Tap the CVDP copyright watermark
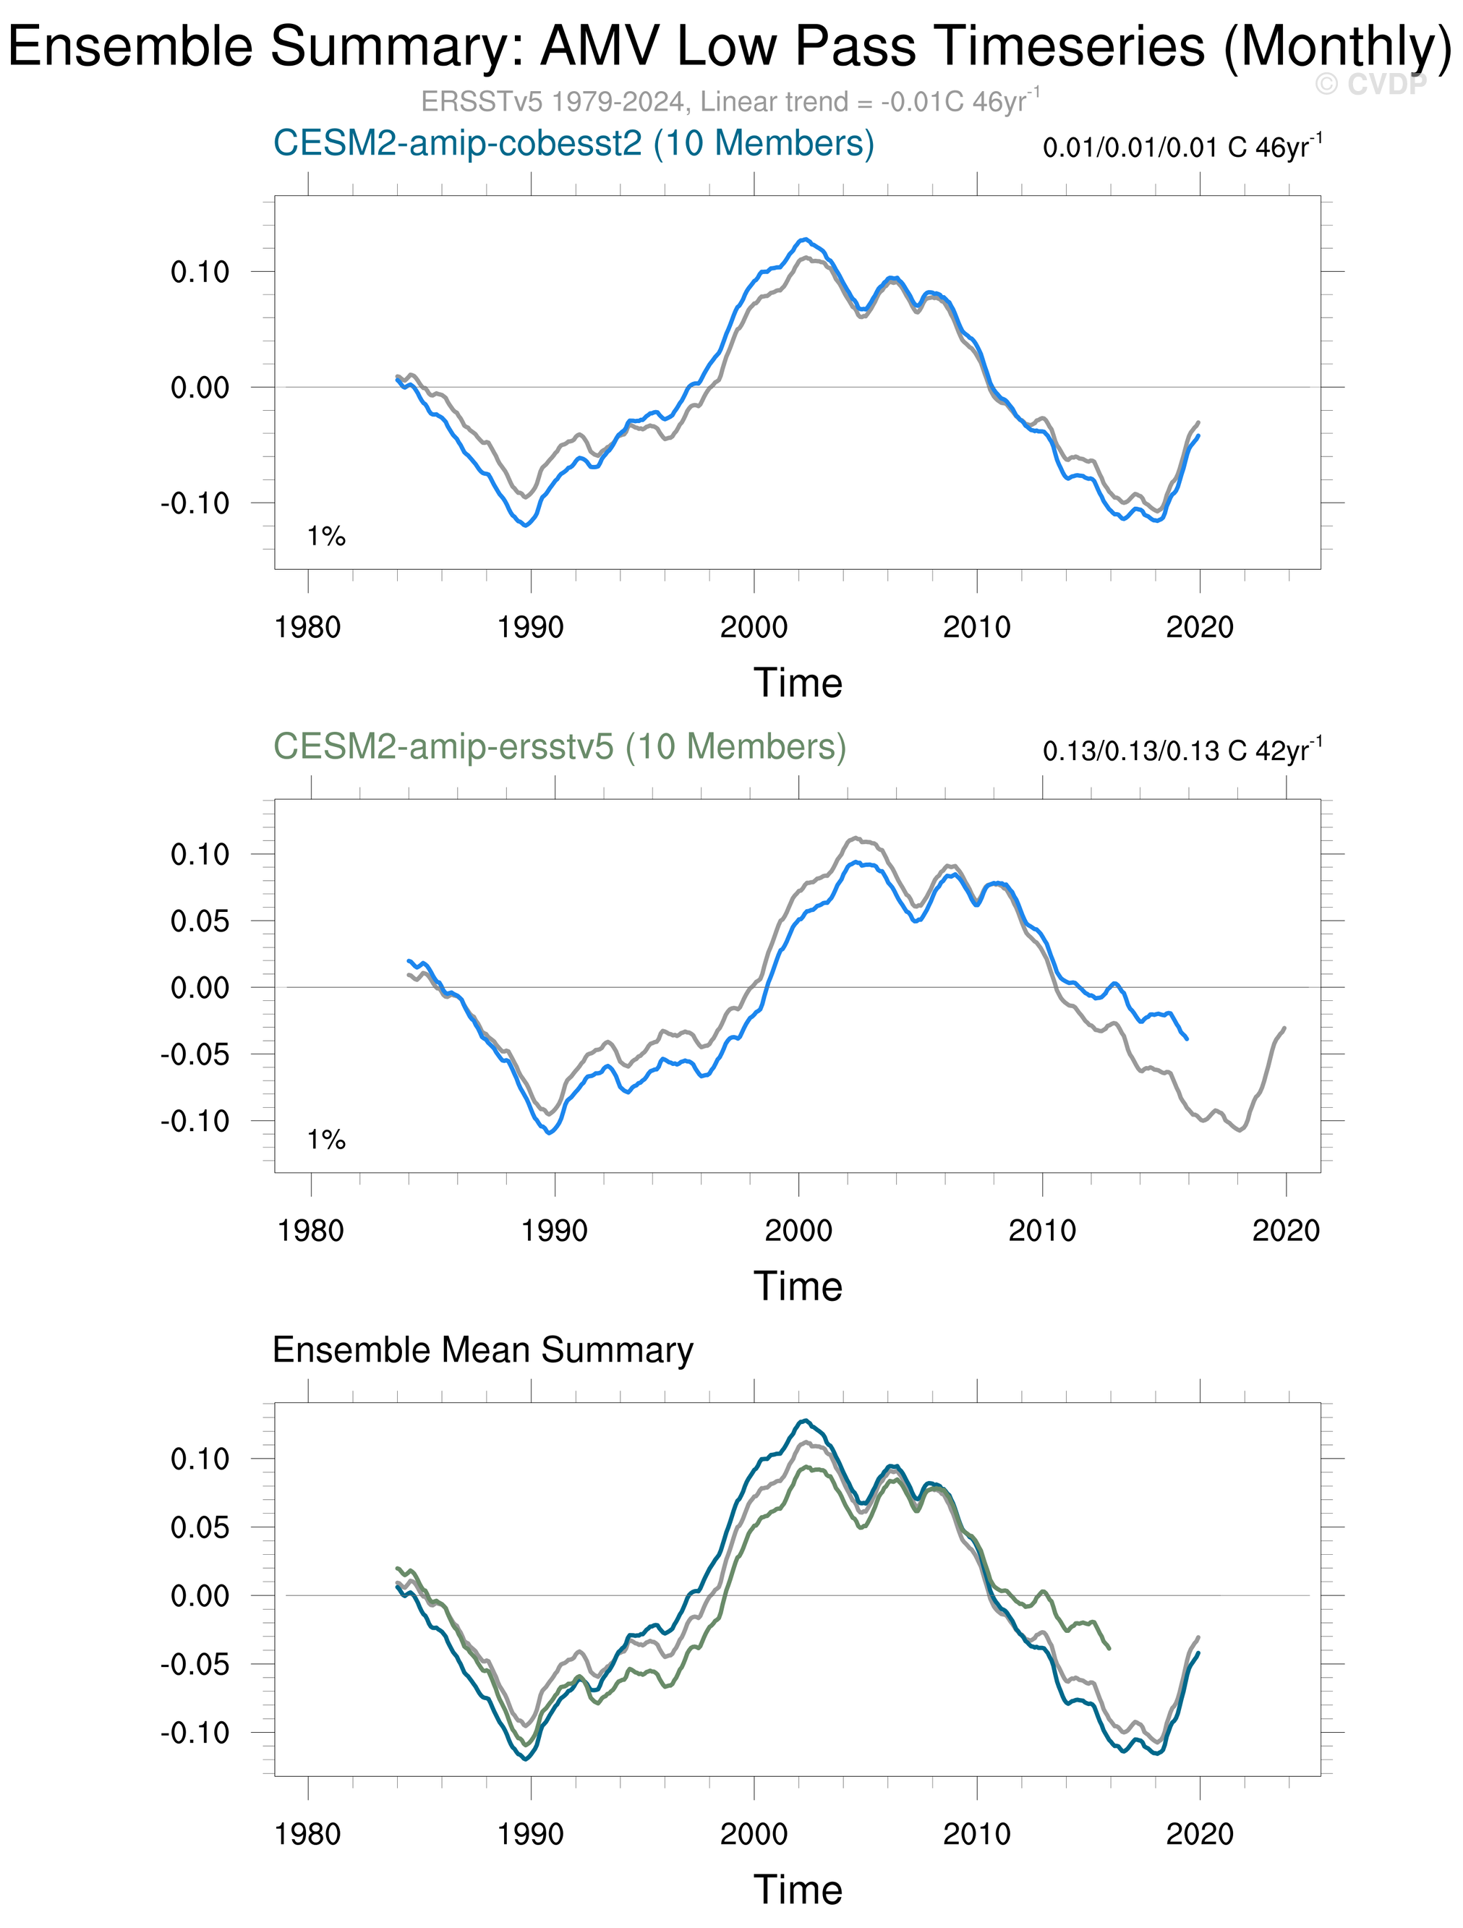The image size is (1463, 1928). tap(1370, 85)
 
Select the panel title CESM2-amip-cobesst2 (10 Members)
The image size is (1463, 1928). tap(573, 144)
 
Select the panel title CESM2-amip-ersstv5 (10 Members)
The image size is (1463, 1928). tap(560, 747)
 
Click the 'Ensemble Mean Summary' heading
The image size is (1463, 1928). tap(483, 1350)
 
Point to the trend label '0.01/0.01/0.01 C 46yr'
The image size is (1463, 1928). tap(1182, 146)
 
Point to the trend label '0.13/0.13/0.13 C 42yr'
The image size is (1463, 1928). tap(1182, 750)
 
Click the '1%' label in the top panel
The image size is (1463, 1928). tap(326, 536)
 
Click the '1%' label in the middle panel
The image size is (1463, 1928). tap(326, 1139)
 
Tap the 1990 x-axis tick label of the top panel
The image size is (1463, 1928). tap(530, 627)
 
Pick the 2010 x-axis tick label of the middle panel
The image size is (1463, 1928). tap(1042, 1230)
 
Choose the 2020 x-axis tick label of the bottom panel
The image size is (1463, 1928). tap(1200, 1834)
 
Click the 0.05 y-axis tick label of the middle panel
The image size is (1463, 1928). tap(200, 921)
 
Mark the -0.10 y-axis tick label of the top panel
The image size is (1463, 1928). tap(195, 503)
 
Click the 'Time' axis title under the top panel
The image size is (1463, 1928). tap(798, 683)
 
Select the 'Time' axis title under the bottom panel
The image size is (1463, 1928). tap(798, 1890)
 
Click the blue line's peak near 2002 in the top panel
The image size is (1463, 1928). tap(805, 239)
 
